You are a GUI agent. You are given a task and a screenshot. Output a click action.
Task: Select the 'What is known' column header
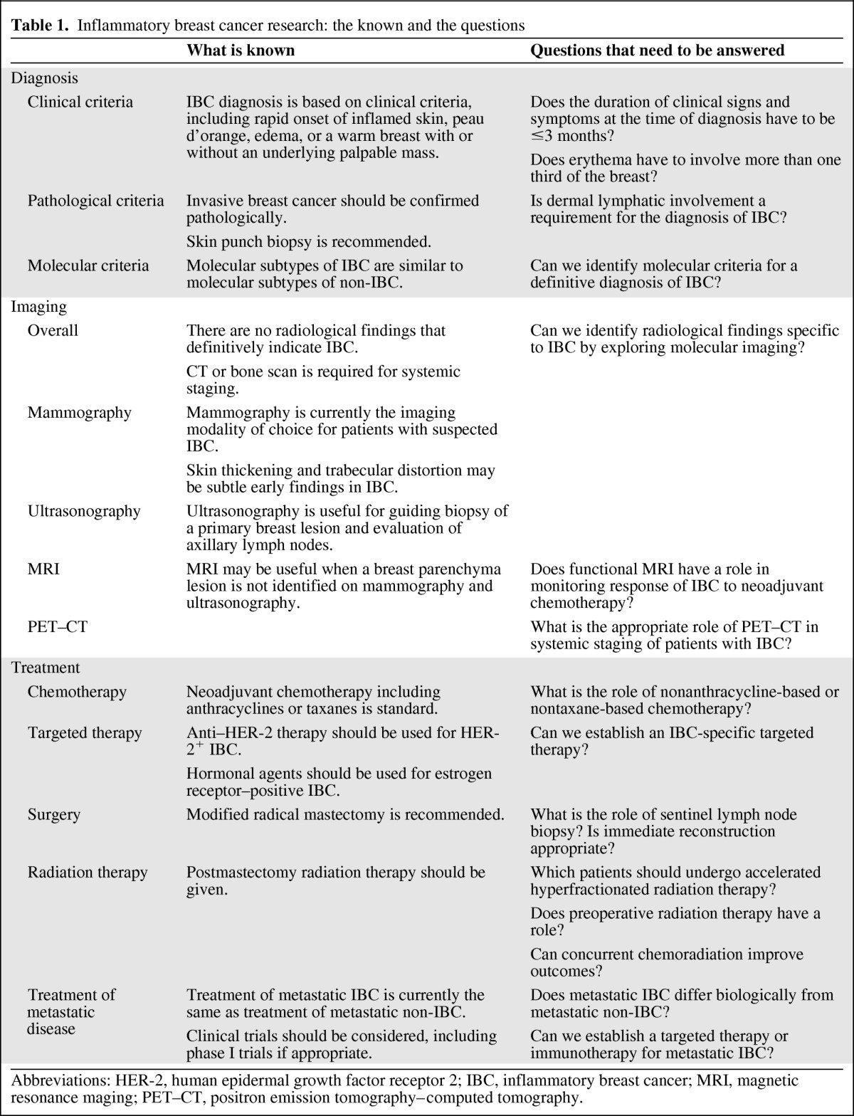(240, 50)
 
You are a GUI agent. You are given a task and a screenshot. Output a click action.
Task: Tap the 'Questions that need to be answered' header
(657, 50)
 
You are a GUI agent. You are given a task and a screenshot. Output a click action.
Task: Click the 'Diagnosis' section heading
(44, 78)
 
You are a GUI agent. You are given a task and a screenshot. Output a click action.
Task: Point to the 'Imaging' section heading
(38, 307)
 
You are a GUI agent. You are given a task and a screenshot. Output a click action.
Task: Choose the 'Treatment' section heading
(46, 668)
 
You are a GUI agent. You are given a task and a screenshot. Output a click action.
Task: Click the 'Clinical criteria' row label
(80, 102)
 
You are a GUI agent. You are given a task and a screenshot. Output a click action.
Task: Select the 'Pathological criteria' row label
(95, 201)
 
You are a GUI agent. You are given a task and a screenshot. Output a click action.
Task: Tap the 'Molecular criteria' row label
(88, 265)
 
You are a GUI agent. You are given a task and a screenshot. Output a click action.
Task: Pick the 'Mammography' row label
(79, 413)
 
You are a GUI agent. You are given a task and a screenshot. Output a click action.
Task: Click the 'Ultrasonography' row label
(84, 511)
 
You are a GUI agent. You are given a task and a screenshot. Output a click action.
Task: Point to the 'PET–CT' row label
(57, 626)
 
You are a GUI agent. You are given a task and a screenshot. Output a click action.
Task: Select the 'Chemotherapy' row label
(77, 692)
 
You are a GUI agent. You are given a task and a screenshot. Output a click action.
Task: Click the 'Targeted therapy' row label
(85, 733)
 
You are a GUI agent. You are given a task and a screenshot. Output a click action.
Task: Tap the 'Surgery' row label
(53, 815)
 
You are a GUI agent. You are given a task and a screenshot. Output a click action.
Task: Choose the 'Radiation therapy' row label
(88, 873)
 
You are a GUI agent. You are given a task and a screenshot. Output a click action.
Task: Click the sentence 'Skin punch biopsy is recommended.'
(309, 242)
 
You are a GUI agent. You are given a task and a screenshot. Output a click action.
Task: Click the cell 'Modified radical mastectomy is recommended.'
(345, 815)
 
